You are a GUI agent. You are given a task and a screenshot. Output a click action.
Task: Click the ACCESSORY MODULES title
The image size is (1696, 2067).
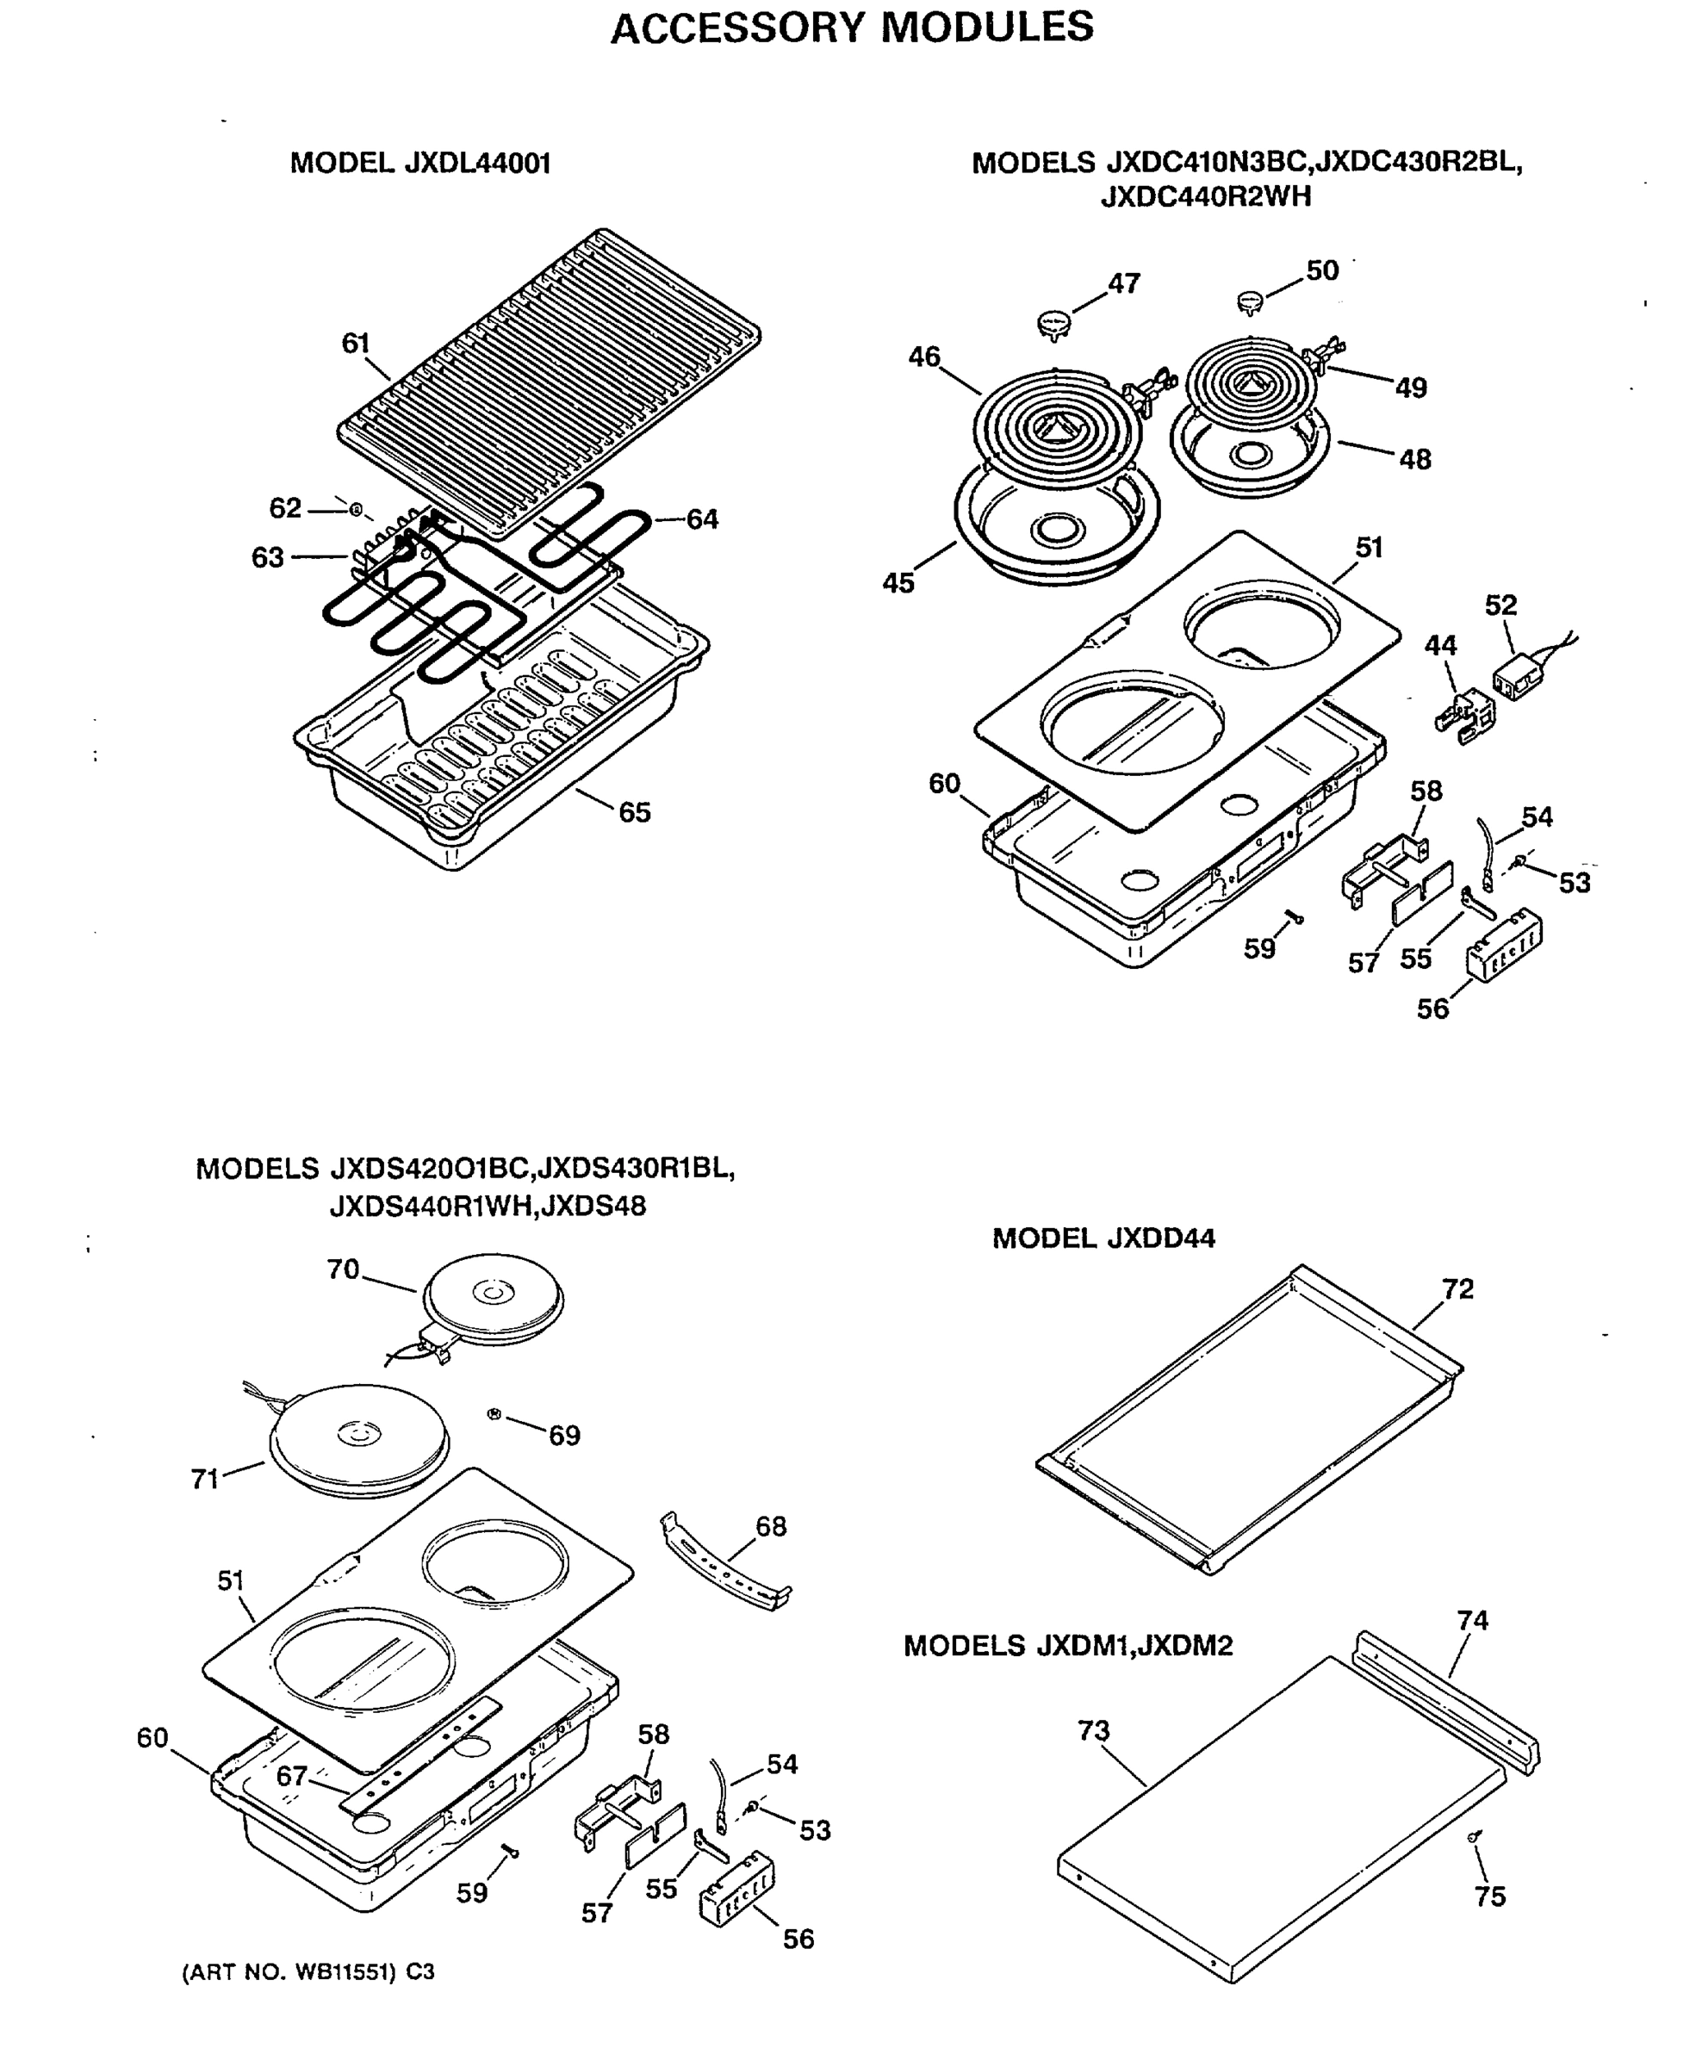click(851, 27)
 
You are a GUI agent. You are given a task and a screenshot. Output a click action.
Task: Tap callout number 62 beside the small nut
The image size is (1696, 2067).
click(285, 508)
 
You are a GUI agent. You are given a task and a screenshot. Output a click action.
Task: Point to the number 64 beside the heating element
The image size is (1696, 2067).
click(701, 519)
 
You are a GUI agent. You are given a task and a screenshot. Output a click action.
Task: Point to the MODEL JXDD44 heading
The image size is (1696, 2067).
click(1103, 1238)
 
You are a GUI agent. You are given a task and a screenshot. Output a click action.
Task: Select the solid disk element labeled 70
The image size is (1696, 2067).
click(494, 1297)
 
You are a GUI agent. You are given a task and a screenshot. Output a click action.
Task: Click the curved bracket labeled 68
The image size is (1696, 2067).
click(725, 1563)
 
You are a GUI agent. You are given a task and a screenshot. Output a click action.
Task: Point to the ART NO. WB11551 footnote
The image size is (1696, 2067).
click(308, 1971)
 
